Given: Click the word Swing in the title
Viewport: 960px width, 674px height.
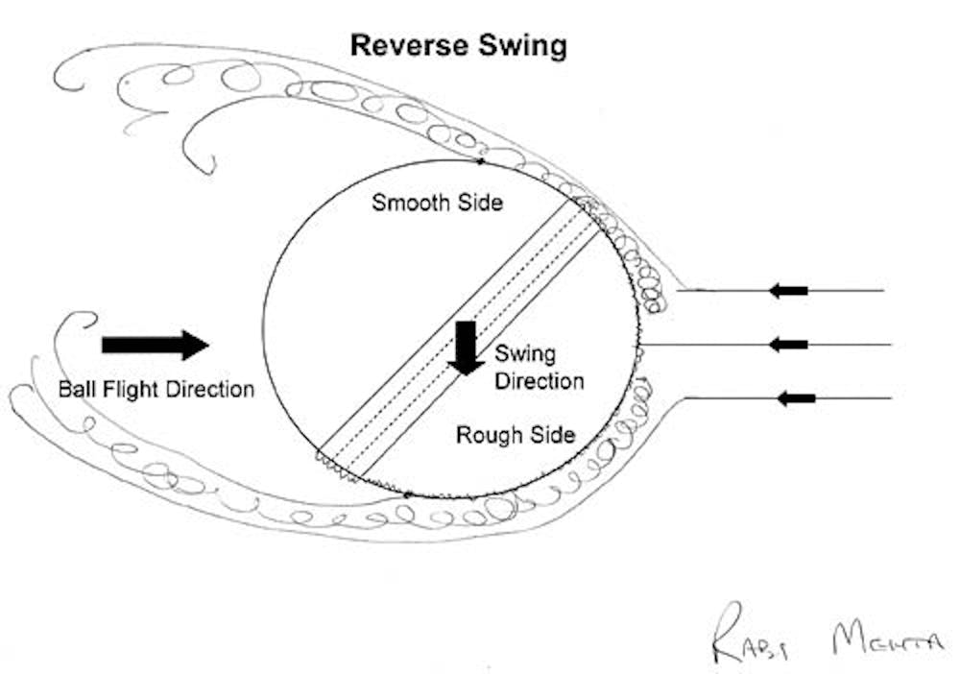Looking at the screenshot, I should click(x=526, y=45).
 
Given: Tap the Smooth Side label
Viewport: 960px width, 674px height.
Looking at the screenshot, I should click(x=438, y=203).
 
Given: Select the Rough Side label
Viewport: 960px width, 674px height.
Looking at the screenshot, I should click(x=516, y=435).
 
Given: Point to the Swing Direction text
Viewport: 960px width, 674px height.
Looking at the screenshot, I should click(x=539, y=368).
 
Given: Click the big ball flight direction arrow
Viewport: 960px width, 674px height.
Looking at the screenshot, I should click(x=155, y=344).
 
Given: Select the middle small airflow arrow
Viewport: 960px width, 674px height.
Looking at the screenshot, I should click(x=790, y=344).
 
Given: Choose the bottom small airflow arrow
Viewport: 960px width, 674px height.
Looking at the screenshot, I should click(x=796, y=397).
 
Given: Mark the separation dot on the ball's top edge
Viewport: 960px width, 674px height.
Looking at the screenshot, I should click(x=480, y=161).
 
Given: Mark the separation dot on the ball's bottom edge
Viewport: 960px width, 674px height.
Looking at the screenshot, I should click(x=409, y=494).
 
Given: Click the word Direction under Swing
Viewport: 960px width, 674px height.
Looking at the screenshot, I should click(x=540, y=380).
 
